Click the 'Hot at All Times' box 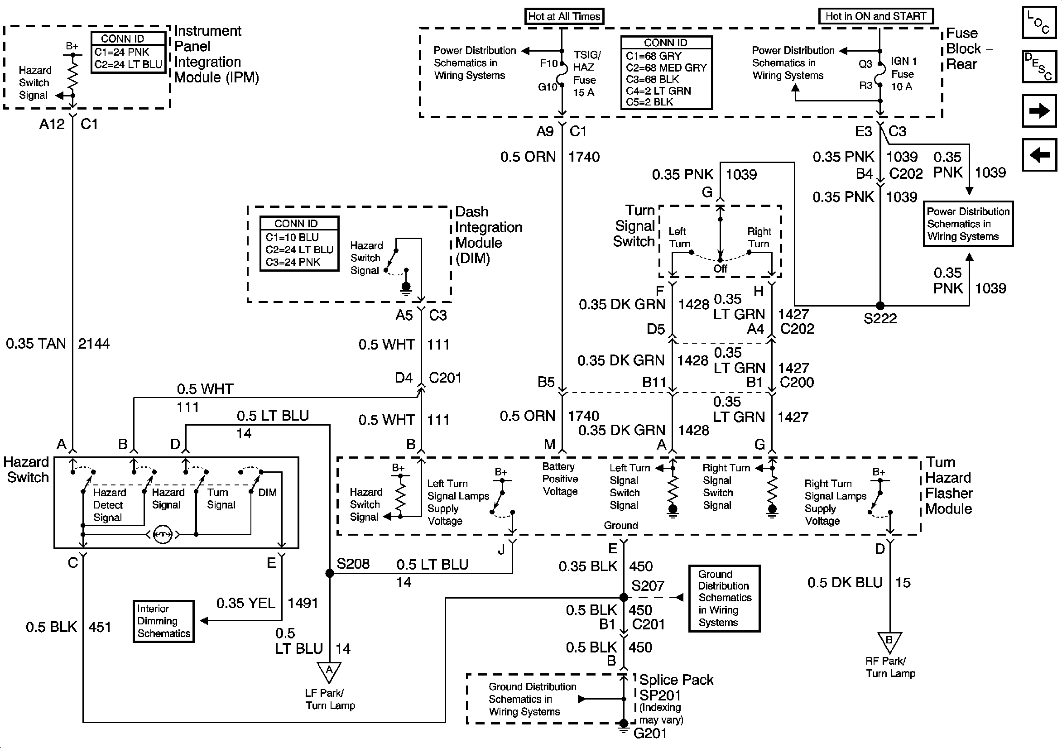point(564,16)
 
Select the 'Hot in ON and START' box point(875,16)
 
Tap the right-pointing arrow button point(1039,111)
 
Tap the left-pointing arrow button point(1039,154)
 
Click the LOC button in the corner point(1039,22)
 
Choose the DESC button point(1039,66)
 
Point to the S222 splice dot point(880,305)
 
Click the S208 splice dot point(330,574)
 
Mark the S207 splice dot point(624,597)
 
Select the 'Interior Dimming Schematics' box point(163,621)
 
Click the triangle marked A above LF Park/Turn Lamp point(329,671)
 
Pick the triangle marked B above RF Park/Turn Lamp point(889,642)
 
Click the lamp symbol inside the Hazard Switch point(162,535)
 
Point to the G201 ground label point(650,733)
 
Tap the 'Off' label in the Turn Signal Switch point(720,269)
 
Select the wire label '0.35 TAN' point(36,344)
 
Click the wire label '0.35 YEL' point(245,603)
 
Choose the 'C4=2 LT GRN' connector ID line point(658,91)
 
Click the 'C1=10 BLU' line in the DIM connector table point(292,237)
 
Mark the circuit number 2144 point(94,344)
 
